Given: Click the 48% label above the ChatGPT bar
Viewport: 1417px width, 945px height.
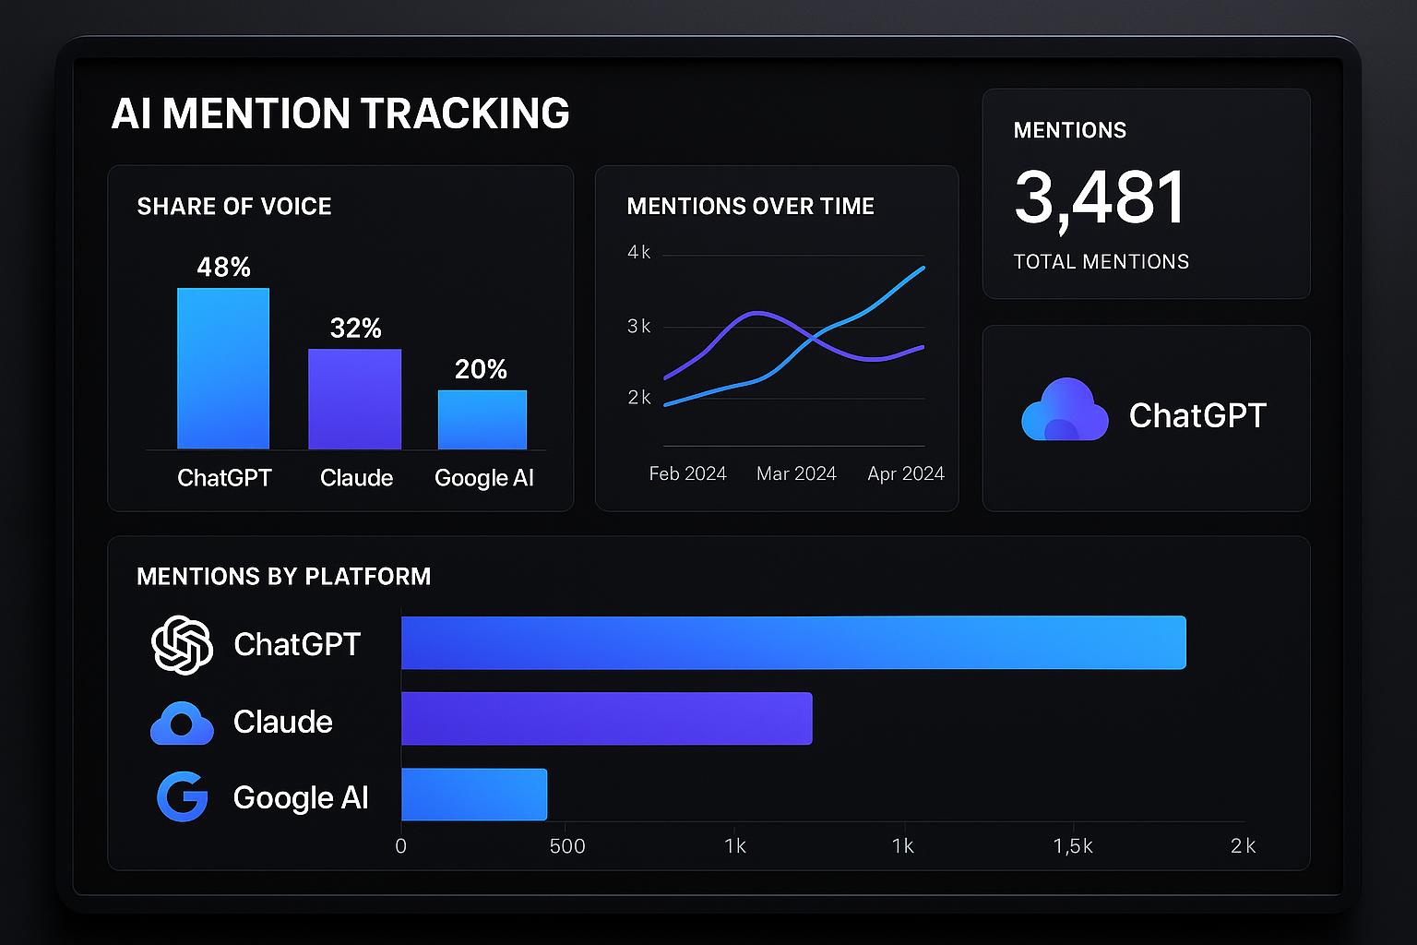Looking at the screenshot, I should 223,267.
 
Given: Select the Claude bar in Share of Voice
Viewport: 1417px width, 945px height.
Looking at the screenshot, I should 354,399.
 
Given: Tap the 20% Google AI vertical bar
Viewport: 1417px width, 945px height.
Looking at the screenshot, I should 482,419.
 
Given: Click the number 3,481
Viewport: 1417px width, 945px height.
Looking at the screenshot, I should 1100,197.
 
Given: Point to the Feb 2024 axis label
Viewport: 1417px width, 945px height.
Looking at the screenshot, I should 687,473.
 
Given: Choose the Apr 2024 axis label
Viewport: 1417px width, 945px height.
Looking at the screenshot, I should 905,473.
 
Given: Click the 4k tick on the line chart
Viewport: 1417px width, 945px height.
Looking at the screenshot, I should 638,252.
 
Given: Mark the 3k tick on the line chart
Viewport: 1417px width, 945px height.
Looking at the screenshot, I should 638,326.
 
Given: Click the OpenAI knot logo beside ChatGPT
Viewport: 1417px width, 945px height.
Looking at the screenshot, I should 182,644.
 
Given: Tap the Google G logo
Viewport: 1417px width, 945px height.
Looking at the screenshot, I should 182,796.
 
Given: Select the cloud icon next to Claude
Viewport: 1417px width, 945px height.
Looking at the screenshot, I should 182,723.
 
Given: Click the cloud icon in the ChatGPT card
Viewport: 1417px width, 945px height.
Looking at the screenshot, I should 1064,411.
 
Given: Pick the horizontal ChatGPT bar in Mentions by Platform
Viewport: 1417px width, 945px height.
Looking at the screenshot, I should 793,642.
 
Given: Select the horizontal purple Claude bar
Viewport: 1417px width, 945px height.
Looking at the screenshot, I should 606,718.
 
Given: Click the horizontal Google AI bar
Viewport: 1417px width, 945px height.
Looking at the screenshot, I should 474,795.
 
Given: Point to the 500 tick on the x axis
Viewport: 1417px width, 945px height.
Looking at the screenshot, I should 566,846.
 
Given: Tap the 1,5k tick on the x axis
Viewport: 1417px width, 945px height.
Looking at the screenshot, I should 1072,846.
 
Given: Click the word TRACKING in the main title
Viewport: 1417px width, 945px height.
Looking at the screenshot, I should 464,114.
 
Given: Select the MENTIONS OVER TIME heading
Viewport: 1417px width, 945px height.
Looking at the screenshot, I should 750,206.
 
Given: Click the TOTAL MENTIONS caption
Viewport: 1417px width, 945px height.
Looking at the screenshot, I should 1101,261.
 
